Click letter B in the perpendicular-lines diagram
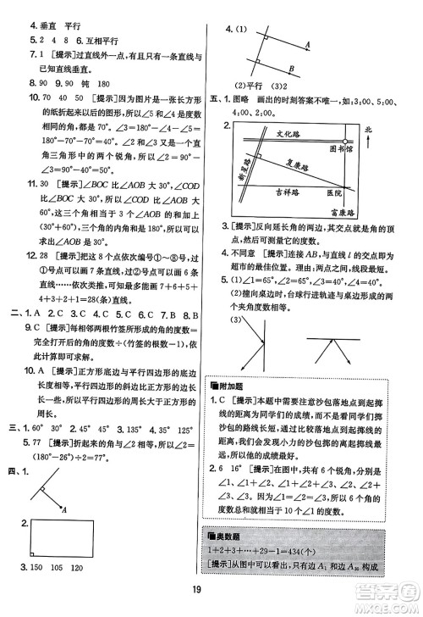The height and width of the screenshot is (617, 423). (x=292, y=68)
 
